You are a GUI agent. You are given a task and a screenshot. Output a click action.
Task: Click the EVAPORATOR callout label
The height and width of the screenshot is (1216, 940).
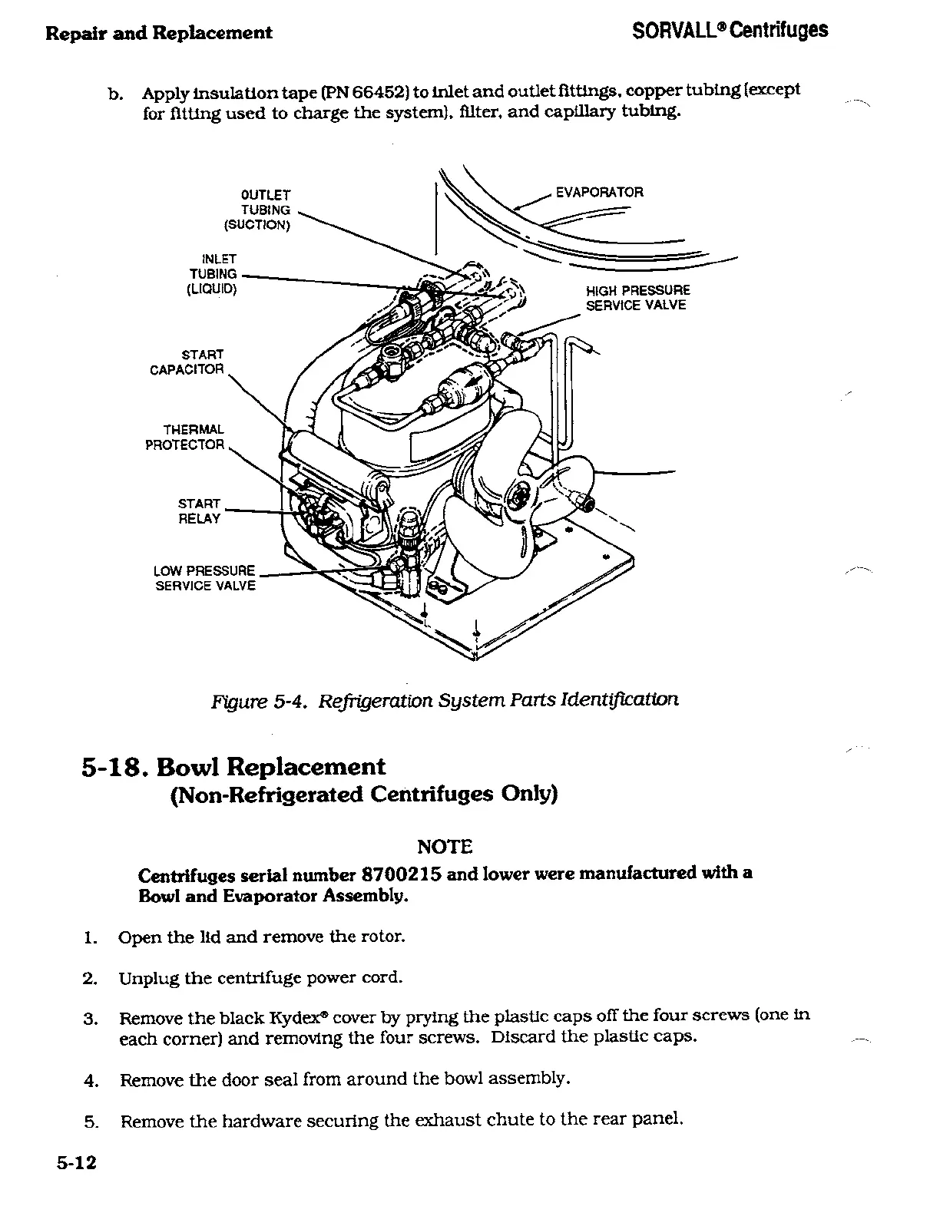pyautogui.click(x=599, y=192)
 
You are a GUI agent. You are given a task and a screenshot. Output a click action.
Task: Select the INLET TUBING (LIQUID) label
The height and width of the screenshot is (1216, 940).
pyautogui.click(x=213, y=274)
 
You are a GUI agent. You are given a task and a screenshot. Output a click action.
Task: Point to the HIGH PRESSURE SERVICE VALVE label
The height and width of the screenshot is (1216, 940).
pyautogui.click(x=637, y=298)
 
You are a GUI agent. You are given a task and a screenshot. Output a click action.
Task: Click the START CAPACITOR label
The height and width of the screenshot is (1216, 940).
pyautogui.click(x=187, y=362)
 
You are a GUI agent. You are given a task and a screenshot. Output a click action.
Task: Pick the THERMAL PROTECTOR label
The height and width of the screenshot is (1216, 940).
pyautogui.click(x=185, y=437)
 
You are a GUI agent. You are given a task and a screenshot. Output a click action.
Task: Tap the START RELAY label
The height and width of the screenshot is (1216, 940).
pyautogui.click(x=199, y=511)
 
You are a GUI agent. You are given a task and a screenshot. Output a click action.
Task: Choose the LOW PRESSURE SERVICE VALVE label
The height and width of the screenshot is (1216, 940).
pyautogui.click(x=204, y=578)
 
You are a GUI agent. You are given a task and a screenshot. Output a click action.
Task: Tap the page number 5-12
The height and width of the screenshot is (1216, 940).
pyautogui.click(x=76, y=1162)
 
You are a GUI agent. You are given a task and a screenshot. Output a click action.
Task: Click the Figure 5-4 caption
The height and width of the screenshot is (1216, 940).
pyautogui.click(x=445, y=700)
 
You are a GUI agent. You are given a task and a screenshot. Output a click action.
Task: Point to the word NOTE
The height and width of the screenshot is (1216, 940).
pyautogui.click(x=444, y=847)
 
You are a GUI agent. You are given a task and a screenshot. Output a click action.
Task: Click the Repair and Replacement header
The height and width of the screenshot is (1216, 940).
pyautogui.click(x=158, y=32)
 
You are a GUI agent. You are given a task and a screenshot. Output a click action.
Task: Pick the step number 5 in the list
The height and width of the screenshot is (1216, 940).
pyautogui.click(x=90, y=1122)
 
